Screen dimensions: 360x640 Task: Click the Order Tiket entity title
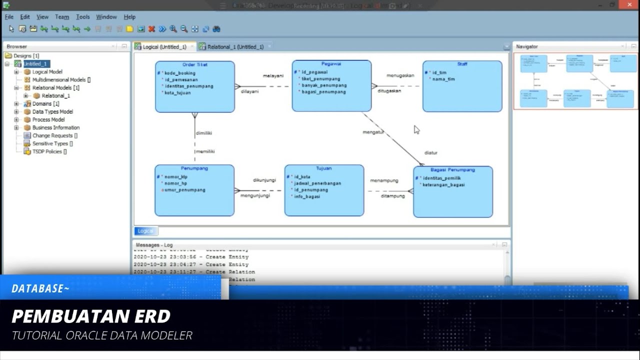[194, 64]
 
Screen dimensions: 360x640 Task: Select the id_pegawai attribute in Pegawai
[314, 72]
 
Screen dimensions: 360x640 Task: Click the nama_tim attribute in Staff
[443, 79]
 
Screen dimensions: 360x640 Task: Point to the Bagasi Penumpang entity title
[452, 169]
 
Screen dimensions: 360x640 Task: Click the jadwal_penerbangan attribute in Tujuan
[317, 183]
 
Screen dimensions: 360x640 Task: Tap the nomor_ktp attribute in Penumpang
[175, 176]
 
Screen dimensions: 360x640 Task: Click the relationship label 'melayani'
[273, 75]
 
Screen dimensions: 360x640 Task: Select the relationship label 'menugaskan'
[400, 75]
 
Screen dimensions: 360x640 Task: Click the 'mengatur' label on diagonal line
[373, 132]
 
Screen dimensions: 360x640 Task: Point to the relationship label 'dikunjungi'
[264, 179]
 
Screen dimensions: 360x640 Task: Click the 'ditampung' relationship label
[392, 196]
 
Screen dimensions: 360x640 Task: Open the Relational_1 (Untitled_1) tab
[235, 47]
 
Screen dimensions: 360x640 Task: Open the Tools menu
[83, 17]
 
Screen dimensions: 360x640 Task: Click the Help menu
[129, 17]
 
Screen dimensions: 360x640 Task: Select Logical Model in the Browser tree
[47, 72]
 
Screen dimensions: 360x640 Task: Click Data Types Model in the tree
[52, 111]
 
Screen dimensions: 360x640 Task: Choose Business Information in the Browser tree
[55, 127]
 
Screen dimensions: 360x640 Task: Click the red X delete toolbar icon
[151, 29]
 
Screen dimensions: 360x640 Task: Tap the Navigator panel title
[526, 46]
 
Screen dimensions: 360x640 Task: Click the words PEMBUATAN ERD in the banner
[91, 316]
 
